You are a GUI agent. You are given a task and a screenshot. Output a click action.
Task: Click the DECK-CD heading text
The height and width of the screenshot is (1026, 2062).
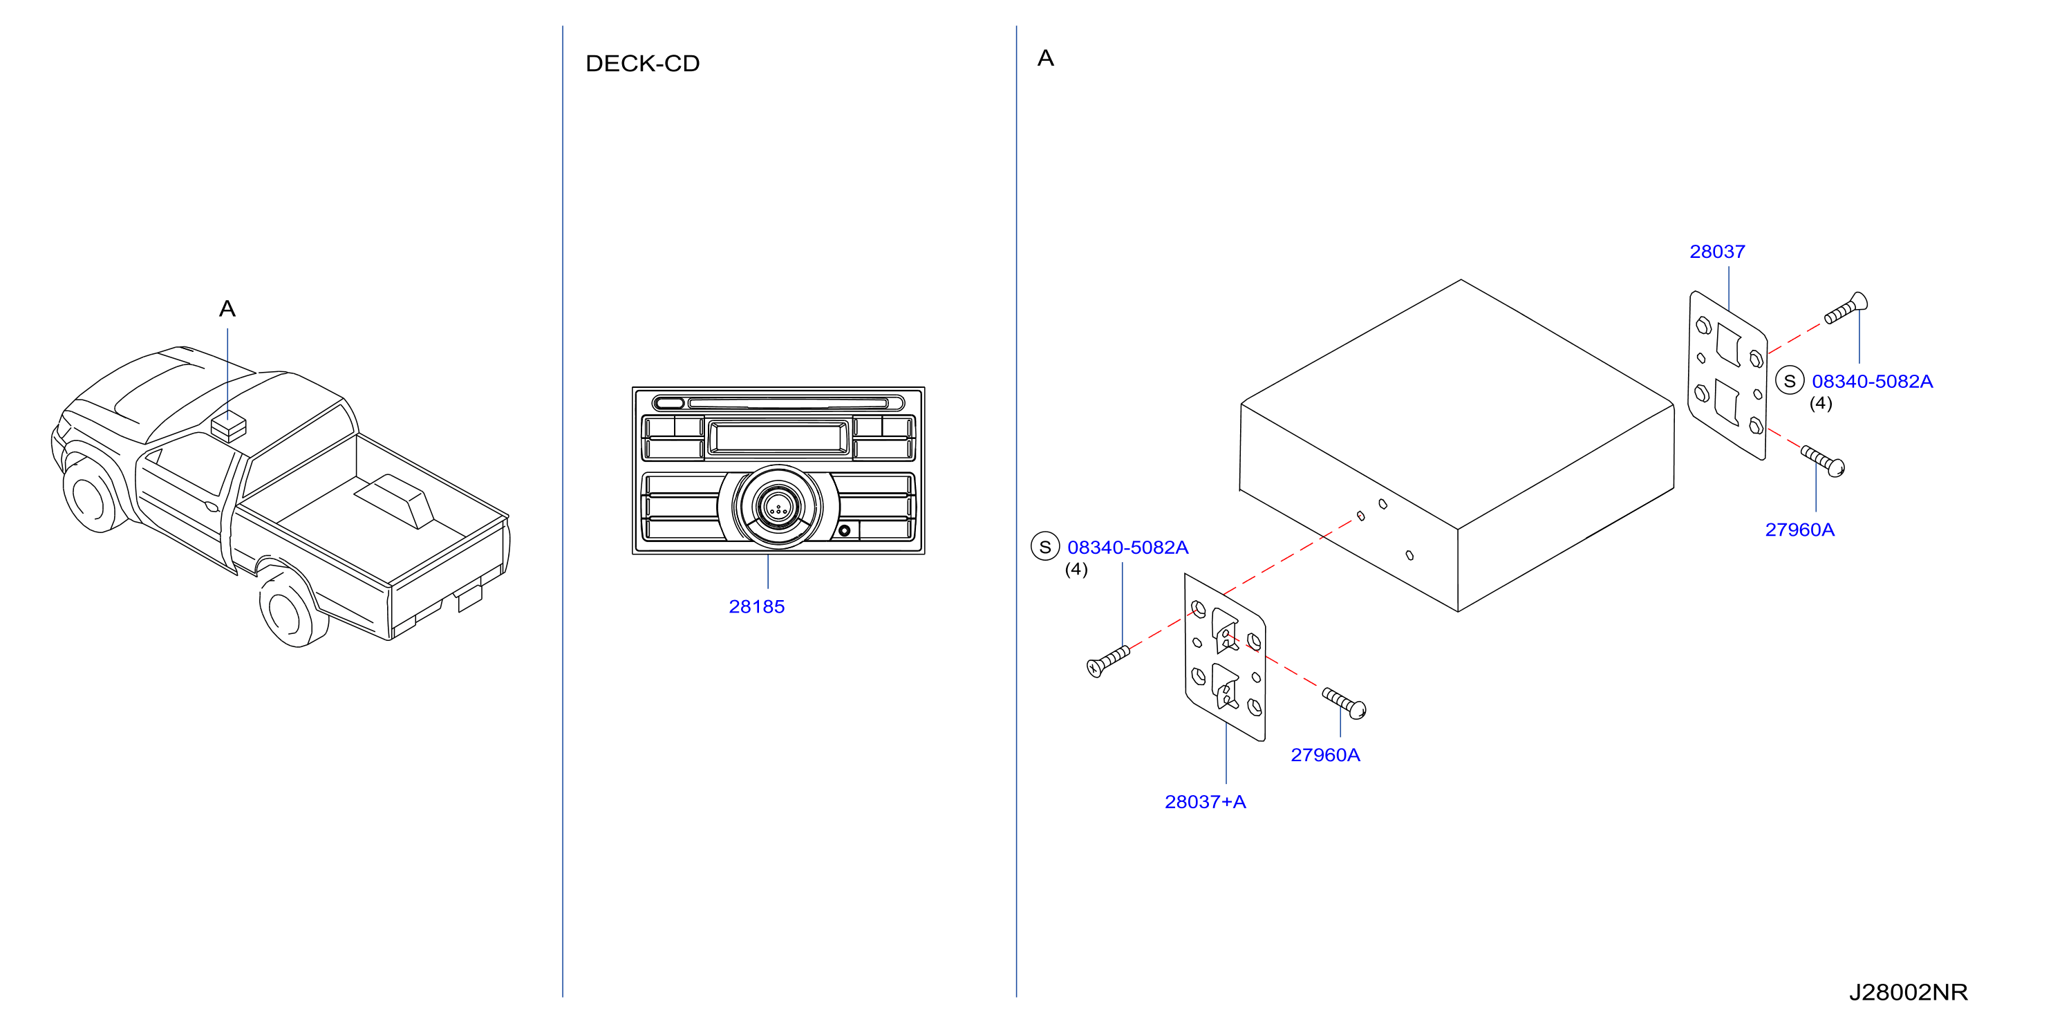point(642,63)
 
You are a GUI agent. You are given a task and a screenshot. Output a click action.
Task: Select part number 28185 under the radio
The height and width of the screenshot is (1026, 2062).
point(756,606)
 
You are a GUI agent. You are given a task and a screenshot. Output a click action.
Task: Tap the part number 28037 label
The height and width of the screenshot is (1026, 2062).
point(1717,251)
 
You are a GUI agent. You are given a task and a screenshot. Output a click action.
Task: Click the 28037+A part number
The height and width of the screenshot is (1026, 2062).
point(1205,802)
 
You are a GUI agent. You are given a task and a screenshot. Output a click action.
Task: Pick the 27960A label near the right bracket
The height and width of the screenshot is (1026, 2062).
point(1799,530)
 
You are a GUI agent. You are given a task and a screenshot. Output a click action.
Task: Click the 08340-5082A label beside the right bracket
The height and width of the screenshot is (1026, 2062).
point(1873,382)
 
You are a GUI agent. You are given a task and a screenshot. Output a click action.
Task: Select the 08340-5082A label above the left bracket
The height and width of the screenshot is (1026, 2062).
point(1128,548)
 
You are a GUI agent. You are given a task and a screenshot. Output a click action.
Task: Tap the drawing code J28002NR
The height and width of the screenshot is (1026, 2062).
point(1908,992)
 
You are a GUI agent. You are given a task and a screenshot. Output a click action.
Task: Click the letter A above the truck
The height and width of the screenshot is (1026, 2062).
point(227,309)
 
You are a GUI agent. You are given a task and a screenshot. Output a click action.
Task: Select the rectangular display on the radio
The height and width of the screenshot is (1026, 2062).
point(778,438)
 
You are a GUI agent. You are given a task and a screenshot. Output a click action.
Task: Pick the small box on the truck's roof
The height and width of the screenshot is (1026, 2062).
point(228,427)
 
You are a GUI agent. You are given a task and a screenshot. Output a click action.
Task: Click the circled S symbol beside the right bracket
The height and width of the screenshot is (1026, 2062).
point(1790,381)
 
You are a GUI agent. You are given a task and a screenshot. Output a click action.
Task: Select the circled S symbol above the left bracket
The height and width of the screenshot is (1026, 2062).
point(1044,547)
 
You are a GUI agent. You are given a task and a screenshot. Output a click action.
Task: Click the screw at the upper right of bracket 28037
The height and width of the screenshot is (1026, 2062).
point(1846,308)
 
